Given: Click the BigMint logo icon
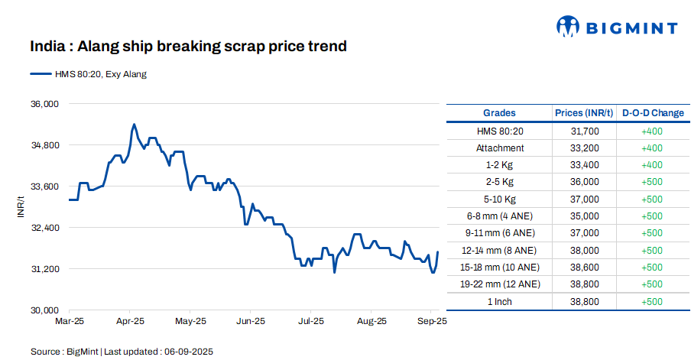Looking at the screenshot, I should [569, 27].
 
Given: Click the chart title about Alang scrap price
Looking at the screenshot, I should [189, 47].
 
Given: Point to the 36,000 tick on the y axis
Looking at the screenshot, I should [44, 104].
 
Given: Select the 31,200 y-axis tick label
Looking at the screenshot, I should [44, 269].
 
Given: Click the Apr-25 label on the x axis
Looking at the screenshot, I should [130, 322].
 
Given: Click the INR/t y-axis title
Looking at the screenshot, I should [21, 207].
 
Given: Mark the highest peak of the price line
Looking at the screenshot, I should [134, 124].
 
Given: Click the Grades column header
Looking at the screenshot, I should [499, 113].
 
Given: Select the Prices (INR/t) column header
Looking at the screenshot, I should [584, 113].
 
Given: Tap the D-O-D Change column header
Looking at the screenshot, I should [652, 113].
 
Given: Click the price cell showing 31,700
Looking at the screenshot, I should [585, 131].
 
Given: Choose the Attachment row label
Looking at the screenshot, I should [500, 148].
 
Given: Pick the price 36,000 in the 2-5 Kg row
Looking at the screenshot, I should [585, 182].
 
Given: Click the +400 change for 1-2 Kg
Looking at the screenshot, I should [652, 165].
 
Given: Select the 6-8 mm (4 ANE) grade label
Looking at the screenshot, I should [500, 216].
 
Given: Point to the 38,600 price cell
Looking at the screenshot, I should [585, 268].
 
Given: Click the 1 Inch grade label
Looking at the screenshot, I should [500, 301].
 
